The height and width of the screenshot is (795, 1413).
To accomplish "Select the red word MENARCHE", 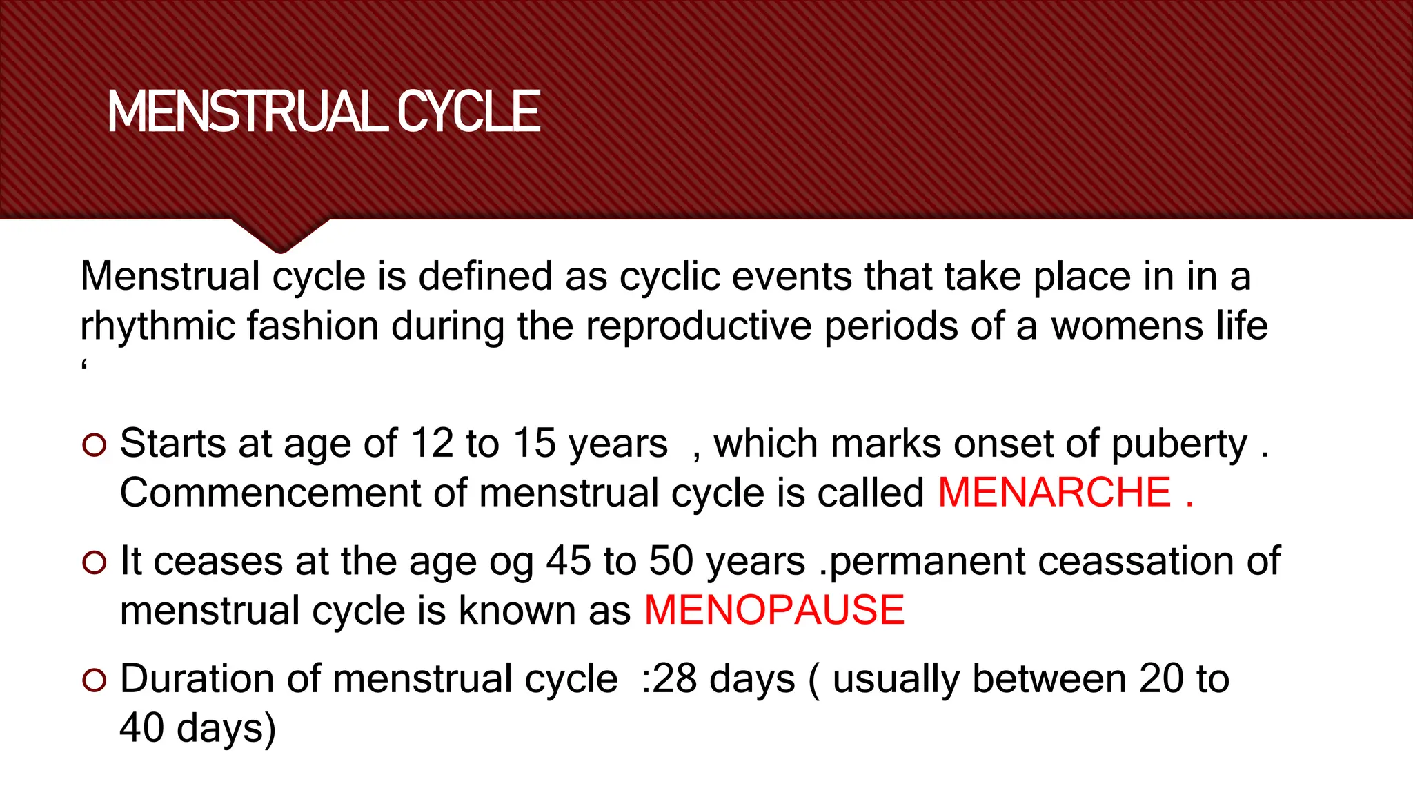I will (1054, 493).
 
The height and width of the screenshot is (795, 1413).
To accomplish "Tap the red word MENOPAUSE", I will (774, 611).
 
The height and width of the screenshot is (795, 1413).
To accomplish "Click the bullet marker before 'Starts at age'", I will (94, 445).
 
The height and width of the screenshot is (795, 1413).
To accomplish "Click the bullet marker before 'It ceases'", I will (94, 563).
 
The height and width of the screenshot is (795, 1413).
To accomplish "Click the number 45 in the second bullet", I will (569, 561).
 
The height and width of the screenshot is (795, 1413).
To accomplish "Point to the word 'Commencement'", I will (270, 493).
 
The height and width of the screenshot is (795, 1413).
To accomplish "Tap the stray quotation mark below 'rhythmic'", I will (84, 364).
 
